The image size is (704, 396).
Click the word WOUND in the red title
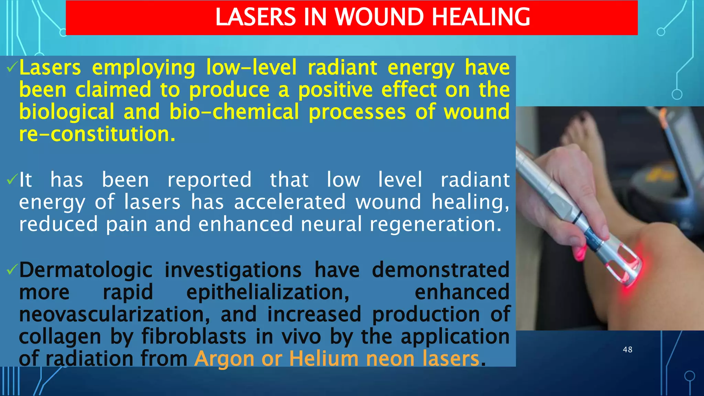(379, 17)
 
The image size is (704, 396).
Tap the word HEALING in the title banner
(481, 17)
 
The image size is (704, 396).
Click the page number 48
(627, 350)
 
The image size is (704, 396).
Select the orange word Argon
(224, 359)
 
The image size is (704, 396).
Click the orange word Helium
(324, 359)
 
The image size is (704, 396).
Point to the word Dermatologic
(86, 270)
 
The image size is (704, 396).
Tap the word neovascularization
(114, 315)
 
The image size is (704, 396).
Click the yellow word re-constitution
(97, 134)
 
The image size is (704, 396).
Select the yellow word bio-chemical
(234, 112)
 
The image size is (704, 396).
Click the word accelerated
(290, 202)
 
